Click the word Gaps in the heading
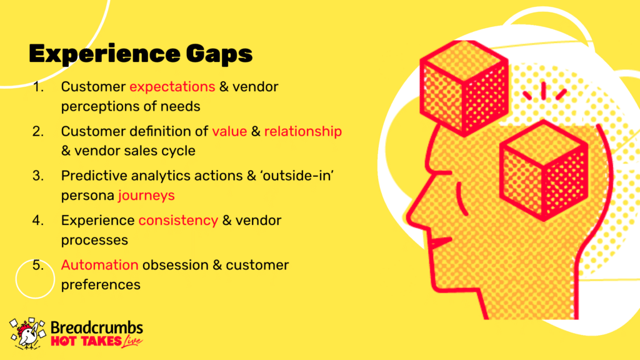point(219,54)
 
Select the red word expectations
point(172,87)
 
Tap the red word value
point(229,131)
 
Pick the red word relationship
point(303,131)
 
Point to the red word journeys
point(146,196)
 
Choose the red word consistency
point(178,221)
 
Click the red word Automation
point(99,265)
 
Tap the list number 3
point(38,176)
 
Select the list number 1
point(38,86)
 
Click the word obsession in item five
point(176,265)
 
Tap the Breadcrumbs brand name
point(97,327)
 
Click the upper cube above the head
point(464,87)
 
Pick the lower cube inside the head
point(543,170)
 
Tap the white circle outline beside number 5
point(16,279)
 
